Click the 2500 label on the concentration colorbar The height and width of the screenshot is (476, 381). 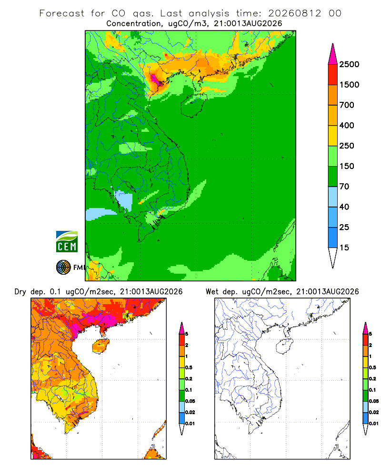point(349,64)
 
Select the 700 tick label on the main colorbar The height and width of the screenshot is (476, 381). point(347,105)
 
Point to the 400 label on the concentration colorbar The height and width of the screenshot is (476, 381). point(347,125)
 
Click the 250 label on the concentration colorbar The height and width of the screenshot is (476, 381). point(347,146)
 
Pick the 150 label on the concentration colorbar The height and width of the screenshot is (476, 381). point(347,166)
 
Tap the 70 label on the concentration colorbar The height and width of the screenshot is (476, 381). point(344,187)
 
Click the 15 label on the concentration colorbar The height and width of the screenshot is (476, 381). point(344,248)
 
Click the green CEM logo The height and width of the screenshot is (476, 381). point(67,242)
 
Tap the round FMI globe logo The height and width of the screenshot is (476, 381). point(63,268)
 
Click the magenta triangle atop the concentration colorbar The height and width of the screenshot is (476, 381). point(333,54)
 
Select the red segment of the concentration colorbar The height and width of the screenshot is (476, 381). point(333,75)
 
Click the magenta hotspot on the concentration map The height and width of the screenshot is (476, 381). point(155,79)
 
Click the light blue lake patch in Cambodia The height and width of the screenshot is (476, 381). point(124,200)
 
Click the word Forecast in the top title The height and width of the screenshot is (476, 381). point(62,13)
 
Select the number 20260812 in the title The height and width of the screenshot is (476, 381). point(294,13)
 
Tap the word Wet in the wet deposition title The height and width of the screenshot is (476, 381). point(212,292)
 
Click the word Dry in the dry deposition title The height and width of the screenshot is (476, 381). point(20,292)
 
